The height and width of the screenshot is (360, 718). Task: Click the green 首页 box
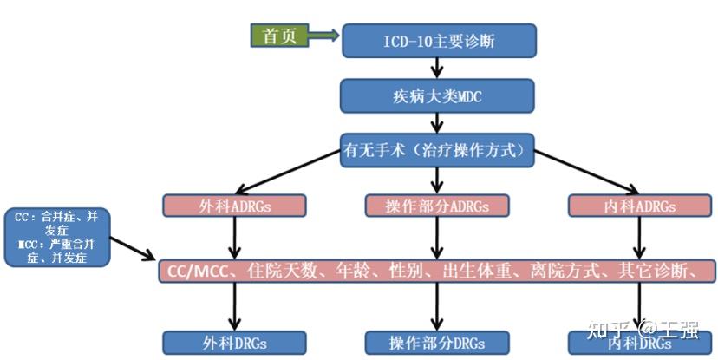click(x=278, y=36)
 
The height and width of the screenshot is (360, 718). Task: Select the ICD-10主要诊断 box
click(x=439, y=40)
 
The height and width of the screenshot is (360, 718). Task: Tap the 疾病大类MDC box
click(x=438, y=96)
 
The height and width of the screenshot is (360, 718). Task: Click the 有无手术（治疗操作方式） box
click(x=437, y=150)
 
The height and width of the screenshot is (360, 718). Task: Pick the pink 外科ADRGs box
click(x=235, y=206)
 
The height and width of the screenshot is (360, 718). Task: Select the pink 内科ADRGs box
click(x=640, y=206)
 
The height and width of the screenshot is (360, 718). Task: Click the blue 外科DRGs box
click(x=234, y=343)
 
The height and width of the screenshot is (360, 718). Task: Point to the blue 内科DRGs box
click(x=640, y=343)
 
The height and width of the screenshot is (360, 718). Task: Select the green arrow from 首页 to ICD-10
click(x=323, y=36)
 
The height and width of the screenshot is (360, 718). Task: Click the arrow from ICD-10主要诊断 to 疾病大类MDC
click(x=438, y=68)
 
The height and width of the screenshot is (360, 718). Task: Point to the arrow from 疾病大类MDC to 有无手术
click(x=438, y=123)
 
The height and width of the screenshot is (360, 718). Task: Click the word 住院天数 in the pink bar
click(x=277, y=271)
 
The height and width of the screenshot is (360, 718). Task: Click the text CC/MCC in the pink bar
click(x=197, y=271)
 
